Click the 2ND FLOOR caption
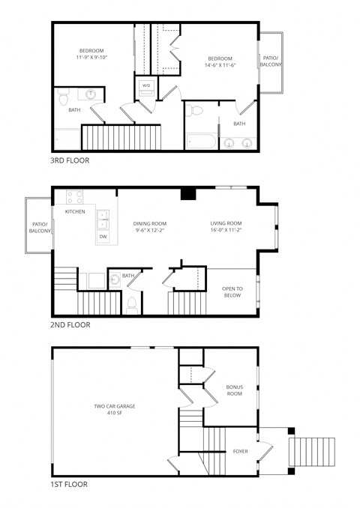pyautogui.click(x=70, y=325)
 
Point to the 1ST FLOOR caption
pyautogui.click(x=70, y=485)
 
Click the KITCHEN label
pyautogui.click(x=75, y=212)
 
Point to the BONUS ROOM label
pyautogui.click(x=235, y=390)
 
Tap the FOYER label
pyautogui.click(x=240, y=451)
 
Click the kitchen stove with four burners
pyautogui.click(x=74, y=198)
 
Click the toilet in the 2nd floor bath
pyautogui.click(x=132, y=303)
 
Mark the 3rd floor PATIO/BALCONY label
pyautogui.click(x=269, y=61)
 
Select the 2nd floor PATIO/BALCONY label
pyautogui.click(x=40, y=228)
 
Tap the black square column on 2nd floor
pyautogui.click(x=189, y=195)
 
